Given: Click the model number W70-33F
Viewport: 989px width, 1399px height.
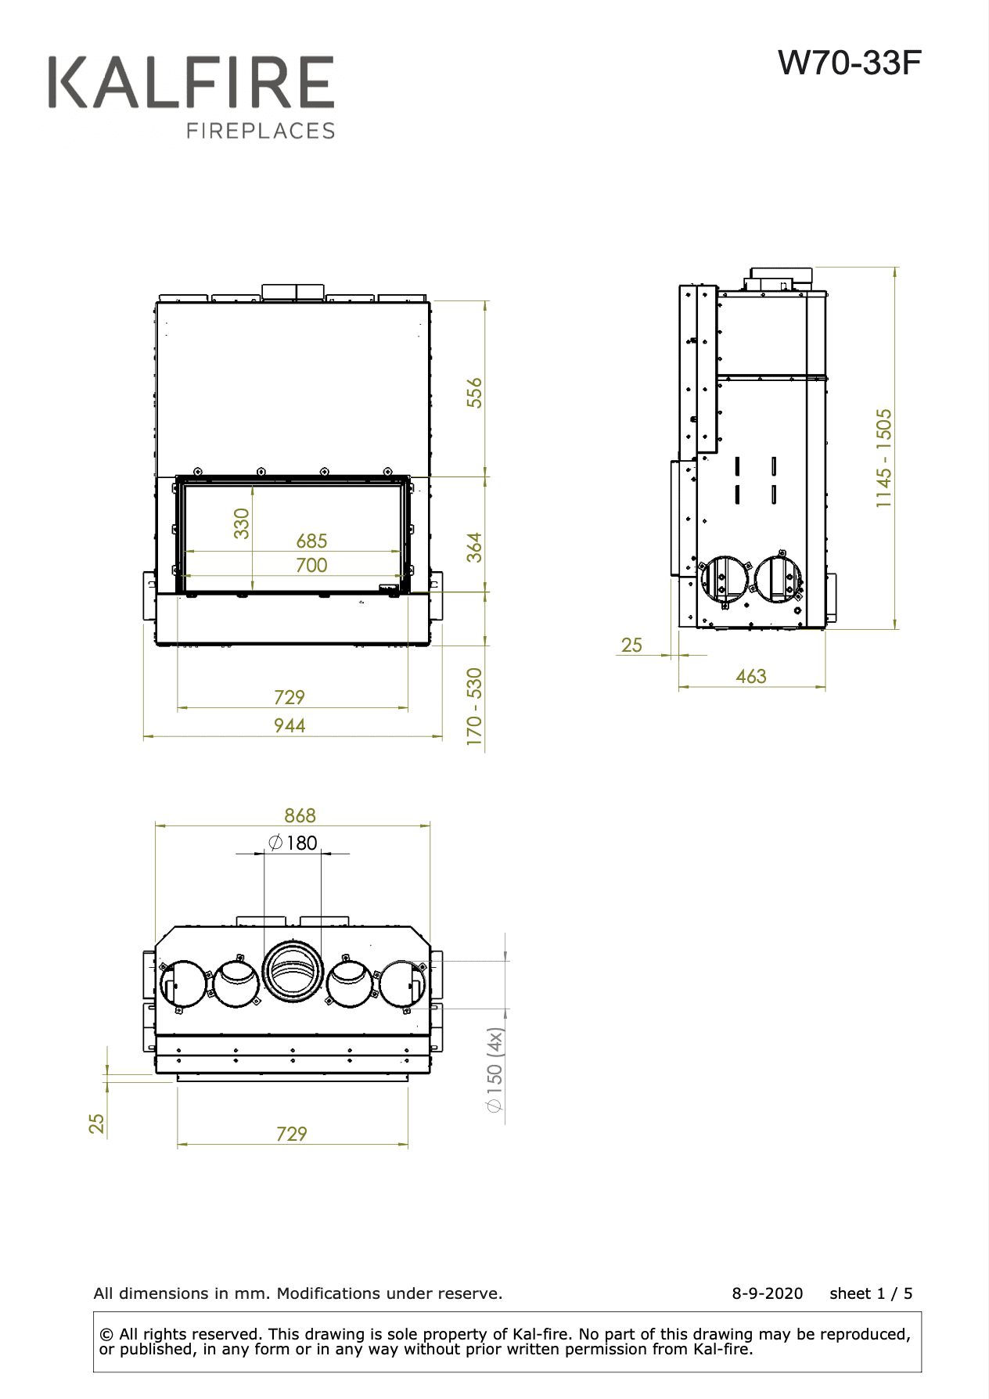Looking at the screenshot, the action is coord(850,63).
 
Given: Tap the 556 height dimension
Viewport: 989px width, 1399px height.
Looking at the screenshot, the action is coord(475,393).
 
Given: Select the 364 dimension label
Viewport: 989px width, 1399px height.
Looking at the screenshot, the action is coord(475,548).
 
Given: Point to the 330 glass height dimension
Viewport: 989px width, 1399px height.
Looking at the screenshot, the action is coord(242,523).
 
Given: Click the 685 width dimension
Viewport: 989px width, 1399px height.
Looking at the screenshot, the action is coord(311,541).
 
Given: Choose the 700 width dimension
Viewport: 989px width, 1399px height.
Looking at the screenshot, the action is coord(311,565).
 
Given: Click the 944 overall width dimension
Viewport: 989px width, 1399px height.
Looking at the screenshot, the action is coord(290,725).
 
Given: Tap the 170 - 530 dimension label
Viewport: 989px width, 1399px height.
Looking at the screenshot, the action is coord(475,707).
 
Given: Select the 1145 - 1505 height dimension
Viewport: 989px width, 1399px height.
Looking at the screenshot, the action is coord(884,459).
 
